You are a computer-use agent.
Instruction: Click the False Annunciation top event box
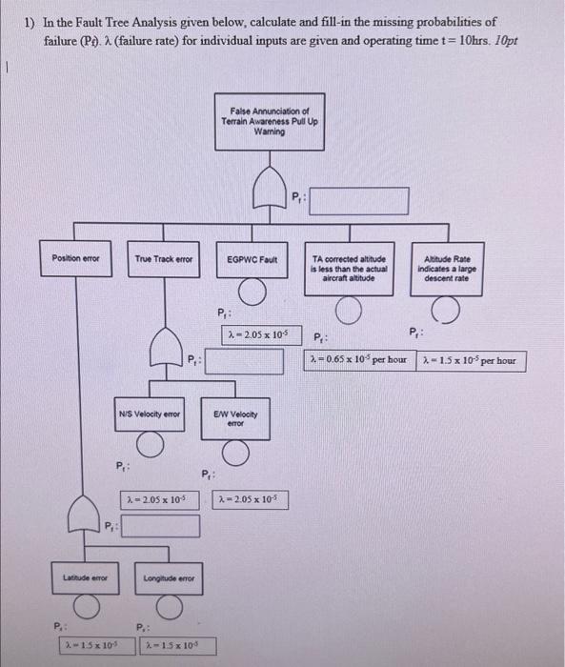270,124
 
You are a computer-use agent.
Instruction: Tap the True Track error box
164,258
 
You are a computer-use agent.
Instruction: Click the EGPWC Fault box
252,258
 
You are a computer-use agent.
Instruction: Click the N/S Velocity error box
150,414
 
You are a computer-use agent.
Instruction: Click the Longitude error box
168,578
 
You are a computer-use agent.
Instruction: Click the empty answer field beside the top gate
358,200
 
